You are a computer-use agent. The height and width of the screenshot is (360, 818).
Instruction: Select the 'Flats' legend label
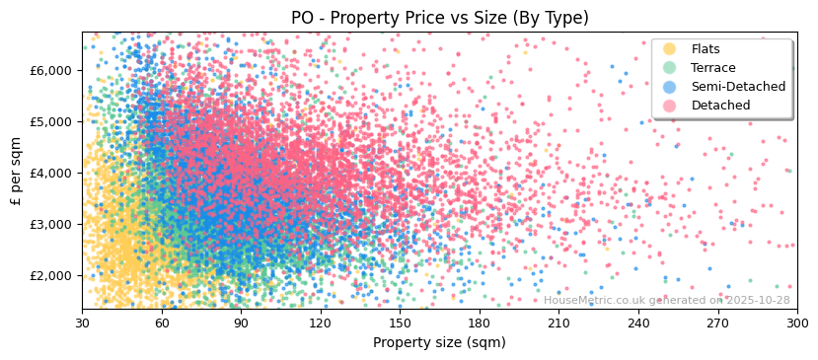[706, 49]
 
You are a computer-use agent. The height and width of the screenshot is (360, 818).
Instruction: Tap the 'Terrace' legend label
[713, 68]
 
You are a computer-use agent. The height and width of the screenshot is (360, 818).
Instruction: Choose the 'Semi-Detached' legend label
[738, 87]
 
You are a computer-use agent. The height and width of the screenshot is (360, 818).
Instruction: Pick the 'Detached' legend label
[721, 106]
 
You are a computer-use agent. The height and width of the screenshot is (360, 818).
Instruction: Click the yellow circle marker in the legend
[670, 49]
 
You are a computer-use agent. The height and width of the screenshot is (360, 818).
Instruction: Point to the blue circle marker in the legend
[670, 87]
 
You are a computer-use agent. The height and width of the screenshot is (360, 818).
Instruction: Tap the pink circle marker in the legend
[670, 106]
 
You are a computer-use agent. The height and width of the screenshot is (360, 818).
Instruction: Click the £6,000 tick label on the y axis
[51, 70]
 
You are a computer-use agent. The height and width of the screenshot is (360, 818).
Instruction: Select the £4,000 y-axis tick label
[51, 173]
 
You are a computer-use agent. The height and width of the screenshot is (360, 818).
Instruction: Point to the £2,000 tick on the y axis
[51, 275]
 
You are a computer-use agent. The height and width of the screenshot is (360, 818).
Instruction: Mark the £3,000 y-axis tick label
[51, 224]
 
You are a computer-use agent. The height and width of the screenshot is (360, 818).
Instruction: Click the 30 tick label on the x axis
[82, 323]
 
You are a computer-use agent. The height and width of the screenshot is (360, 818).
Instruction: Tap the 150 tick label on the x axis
[400, 323]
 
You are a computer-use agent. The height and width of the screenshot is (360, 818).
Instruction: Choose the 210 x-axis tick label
[558, 323]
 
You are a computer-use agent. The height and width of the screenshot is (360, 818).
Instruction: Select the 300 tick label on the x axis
[796, 323]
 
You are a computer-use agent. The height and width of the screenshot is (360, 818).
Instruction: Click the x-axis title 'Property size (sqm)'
[439, 342]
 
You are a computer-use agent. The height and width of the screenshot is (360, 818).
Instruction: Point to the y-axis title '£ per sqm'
[16, 172]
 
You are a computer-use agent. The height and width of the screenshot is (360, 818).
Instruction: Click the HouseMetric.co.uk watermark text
[667, 301]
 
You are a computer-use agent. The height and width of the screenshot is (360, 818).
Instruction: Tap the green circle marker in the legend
[670, 68]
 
